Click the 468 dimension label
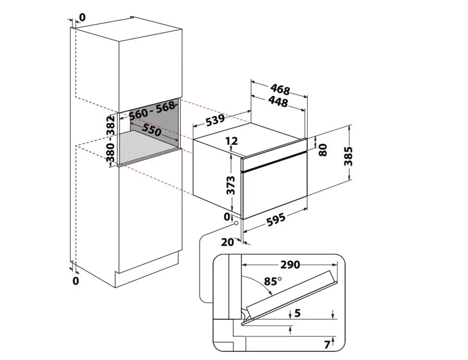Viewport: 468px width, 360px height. (x=280, y=89)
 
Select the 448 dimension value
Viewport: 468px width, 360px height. (x=278, y=102)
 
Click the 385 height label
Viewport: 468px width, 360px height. (x=348, y=156)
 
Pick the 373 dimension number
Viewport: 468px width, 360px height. (x=230, y=185)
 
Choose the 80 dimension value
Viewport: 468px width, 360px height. (x=323, y=150)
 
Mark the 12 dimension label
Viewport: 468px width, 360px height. (x=232, y=141)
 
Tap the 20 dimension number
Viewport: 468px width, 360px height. (x=227, y=242)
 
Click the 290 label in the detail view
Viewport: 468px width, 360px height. (x=290, y=265)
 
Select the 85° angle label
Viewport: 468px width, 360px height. (x=273, y=281)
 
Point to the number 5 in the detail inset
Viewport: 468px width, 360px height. (x=298, y=313)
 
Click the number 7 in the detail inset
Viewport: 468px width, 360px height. (x=327, y=345)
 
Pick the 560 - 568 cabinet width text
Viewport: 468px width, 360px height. (x=152, y=111)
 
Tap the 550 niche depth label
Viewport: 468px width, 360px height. (x=152, y=130)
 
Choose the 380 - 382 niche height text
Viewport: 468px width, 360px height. (x=110, y=139)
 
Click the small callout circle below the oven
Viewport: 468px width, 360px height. (x=236, y=223)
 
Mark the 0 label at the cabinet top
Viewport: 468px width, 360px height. (x=82, y=18)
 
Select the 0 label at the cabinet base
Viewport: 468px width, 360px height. (x=76, y=281)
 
